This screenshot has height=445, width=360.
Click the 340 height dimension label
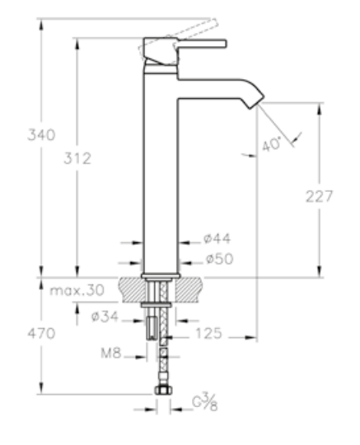pyautogui.click(x=41, y=134)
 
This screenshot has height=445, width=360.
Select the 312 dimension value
pyautogui.click(x=77, y=158)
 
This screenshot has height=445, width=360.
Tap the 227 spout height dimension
pyautogui.click(x=319, y=196)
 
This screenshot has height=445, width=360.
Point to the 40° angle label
pyautogui.click(x=271, y=144)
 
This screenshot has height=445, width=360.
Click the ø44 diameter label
pyautogui.click(x=217, y=239)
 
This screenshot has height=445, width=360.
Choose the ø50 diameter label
pyautogui.click(x=219, y=259)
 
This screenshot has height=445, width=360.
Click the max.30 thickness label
pyautogui.click(x=77, y=290)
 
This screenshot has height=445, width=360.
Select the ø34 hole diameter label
pyautogui.click(x=105, y=316)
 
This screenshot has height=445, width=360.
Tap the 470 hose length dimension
pyautogui.click(x=41, y=334)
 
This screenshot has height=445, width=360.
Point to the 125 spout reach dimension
pyautogui.click(x=208, y=334)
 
